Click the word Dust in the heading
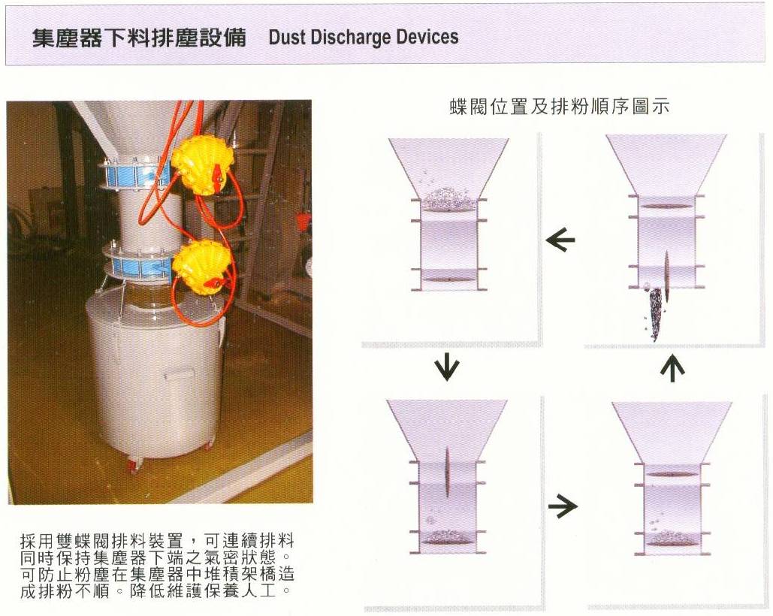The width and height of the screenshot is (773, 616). [288, 38]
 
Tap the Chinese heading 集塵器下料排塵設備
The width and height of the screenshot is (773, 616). [139, 38]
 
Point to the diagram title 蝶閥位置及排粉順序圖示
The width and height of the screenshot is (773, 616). [560, 106]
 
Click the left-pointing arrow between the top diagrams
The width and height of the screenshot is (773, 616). [560, 240]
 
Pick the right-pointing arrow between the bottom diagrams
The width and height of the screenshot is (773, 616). [563, 506]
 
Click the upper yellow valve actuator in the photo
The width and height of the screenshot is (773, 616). [202, 165]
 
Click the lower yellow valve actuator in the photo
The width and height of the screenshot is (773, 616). [203, 269]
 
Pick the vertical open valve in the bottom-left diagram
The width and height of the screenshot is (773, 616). [448, 472]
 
